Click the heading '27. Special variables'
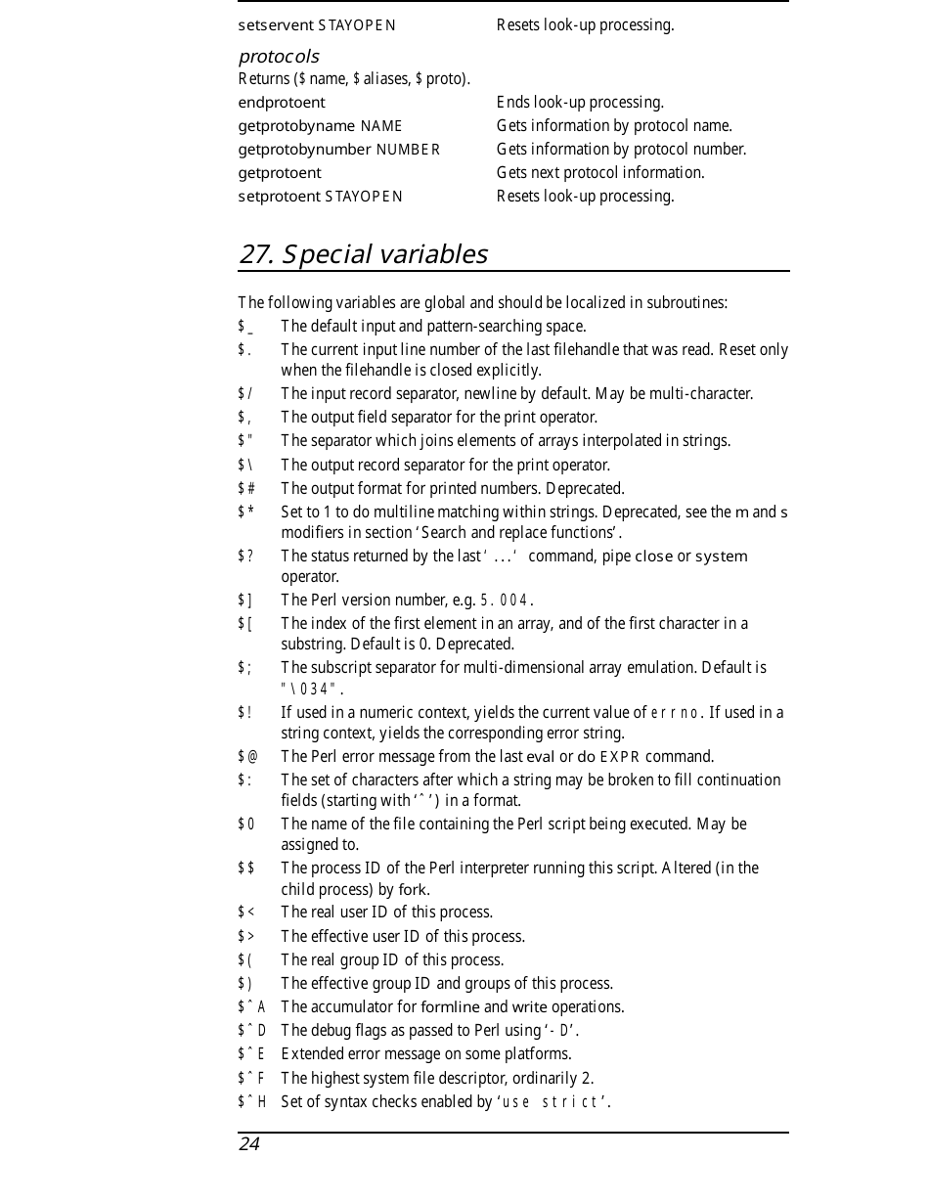[363, 254]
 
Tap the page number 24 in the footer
[249, 1144]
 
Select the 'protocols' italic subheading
[279, 57]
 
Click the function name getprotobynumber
[305, 150]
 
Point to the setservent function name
[276, 25]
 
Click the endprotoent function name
[282, 103]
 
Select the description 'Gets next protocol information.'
[599, 173]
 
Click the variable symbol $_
[245, 327]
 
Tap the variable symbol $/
[245, 394]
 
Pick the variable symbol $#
[246, 489]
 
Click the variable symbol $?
[245, 557]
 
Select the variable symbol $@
[247, 757]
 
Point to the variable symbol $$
[246, 869]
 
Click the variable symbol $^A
[251, 1007]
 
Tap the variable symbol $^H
[251, 1102]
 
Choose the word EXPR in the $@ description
[619, 757]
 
